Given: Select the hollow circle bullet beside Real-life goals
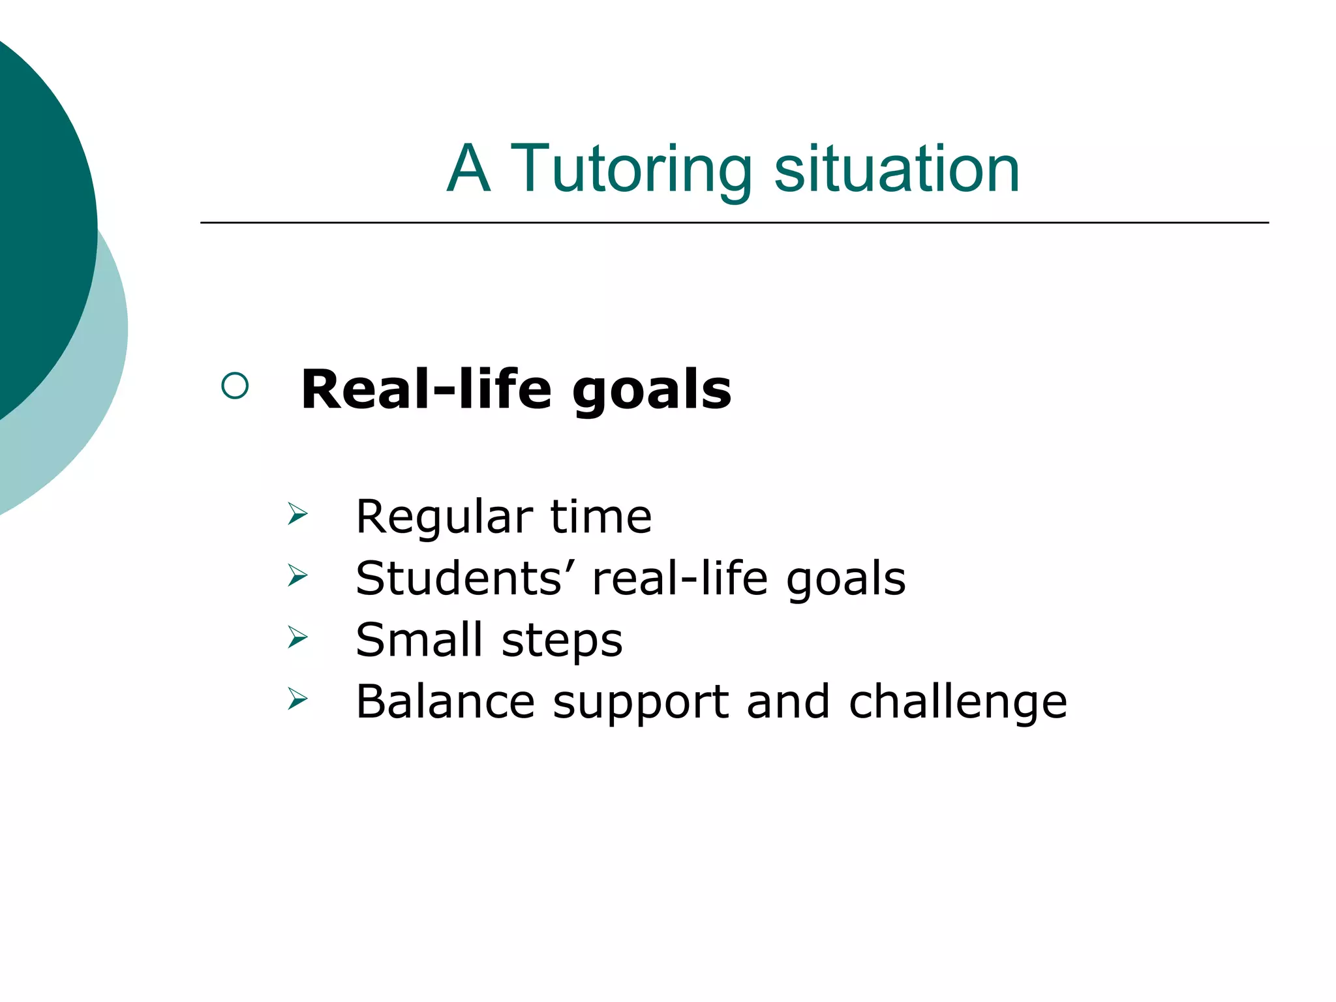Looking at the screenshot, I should pyautogui.click(x=235, y=386).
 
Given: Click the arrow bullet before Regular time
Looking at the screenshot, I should pyautogui.click(x=297, y=514).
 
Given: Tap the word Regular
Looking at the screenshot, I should pyautogui.click(x=444, y=517).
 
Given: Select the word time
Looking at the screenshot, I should pyautogui.click(x=601, y=516).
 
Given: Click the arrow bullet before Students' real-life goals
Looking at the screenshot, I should pyautogui.click(x=297, y=575).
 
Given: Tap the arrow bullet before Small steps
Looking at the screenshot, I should pyautogui.click(x=297, y=637).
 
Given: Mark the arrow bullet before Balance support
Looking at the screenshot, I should pyautogui.click(x=297, y=699).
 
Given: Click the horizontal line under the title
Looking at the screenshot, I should pyautogui.click(x=735, y=222).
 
